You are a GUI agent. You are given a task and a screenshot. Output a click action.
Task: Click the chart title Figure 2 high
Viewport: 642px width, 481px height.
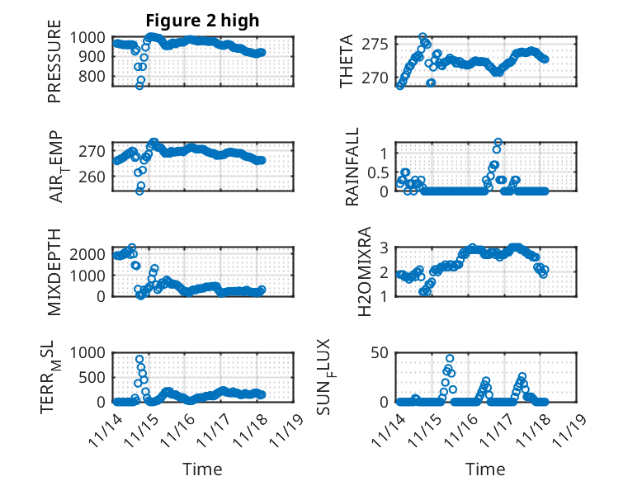pyautogui.click(x=202, y=20)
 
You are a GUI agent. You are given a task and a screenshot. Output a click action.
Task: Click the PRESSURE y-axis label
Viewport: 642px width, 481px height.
pyautogui.click(x=54, y=67)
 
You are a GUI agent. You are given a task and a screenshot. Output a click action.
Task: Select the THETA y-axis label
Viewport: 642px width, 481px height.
pyautogui.click(x=347, y=62)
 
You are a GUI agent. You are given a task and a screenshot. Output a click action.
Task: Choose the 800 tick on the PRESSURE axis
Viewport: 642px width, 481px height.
pyautogui.click(x=96, y=77)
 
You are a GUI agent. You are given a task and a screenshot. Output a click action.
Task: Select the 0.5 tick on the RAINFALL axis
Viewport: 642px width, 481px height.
pyautogui.click(x=377, y=172)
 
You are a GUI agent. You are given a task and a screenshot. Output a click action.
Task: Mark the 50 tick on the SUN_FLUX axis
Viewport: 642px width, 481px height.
pyautogui.click(x=380, y=353)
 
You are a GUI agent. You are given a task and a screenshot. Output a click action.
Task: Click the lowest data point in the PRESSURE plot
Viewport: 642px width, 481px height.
pyautogui.click(x=139, y=86)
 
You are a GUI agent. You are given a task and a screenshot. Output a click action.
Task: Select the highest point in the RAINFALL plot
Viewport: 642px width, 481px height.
pyautogui.click(x=498, y=142)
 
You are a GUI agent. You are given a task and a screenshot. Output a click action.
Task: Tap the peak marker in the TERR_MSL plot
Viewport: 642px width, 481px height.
pyautogui.click(x=139, y=360)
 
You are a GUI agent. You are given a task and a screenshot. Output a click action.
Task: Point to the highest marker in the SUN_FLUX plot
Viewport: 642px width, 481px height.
pyautogui.click(x=450, y=359)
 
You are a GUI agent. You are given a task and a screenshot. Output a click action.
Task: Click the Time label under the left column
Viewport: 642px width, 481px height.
pyautogui.click(x=202, y=469)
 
